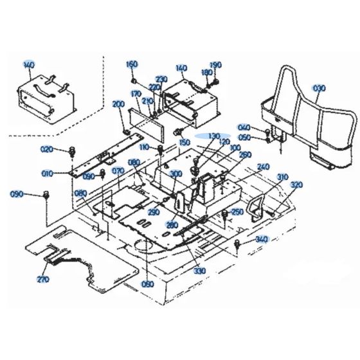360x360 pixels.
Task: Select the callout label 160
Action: point(132,64)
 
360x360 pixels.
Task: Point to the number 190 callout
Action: point(216,65)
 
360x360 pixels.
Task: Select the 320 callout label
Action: point(296,185)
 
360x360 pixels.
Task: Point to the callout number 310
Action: point(283,177)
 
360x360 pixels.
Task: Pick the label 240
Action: point(263,165)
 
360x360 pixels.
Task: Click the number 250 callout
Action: point(237,212)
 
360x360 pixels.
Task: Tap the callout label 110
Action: point(145,148)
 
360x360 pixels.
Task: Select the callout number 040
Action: point(244,127)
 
